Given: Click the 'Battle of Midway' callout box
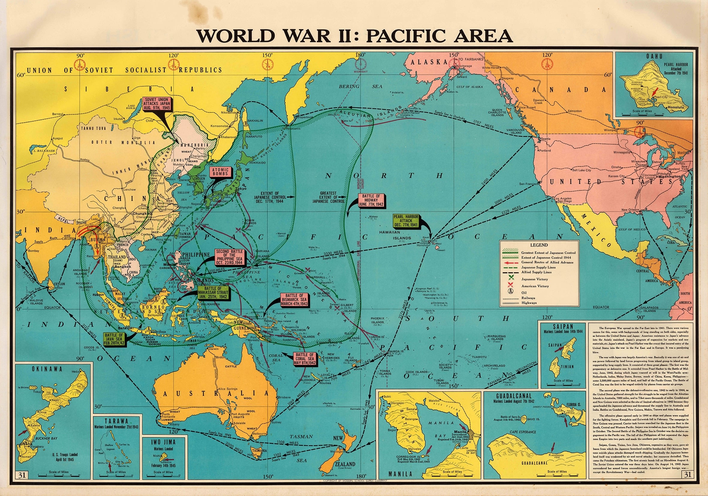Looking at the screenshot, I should [371, 200].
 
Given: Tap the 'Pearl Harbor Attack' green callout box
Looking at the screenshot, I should [406, 220].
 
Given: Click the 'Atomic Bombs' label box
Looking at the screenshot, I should [221, 172].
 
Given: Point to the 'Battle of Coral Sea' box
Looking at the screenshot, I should [305, 359].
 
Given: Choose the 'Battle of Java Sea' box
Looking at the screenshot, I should [114, 339].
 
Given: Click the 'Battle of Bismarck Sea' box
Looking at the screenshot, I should [294, 300].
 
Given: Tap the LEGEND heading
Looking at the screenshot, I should [539, 245].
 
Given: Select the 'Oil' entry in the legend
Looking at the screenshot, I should [524, 292].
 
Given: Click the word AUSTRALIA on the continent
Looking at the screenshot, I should [216, 393].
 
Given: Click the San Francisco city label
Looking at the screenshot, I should [528, 184].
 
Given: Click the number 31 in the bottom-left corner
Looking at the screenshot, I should [22, 475].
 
